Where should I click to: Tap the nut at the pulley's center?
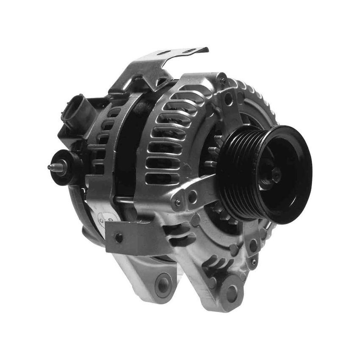tap(276, 174)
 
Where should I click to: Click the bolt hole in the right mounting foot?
tap(232, 293)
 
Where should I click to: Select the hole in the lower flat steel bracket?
tap(119, 238)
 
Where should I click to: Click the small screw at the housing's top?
tap(223, 80)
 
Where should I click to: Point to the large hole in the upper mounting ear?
tap(228, 100)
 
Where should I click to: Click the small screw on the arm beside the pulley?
tap(178, 202)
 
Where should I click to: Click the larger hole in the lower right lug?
tap(253, 245)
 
